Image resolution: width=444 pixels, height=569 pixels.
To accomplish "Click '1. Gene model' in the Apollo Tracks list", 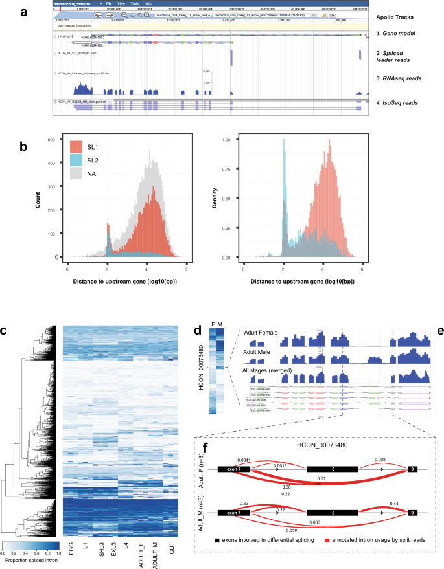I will [396, 32].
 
